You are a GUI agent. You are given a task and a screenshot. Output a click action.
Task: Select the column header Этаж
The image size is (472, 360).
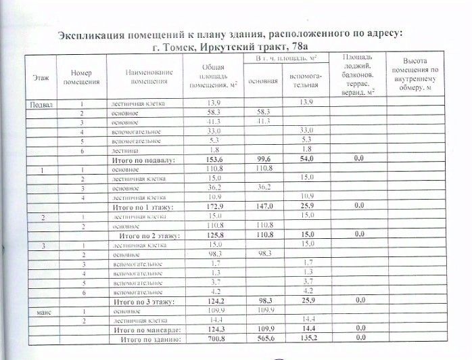pyautogui.click(x=40, y=80)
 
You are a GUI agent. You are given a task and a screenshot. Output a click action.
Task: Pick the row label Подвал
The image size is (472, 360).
pyautogui.click(x=40, y=104)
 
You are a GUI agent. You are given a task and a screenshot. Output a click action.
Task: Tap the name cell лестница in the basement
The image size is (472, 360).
pyautogui.click(x=124, y=149)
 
